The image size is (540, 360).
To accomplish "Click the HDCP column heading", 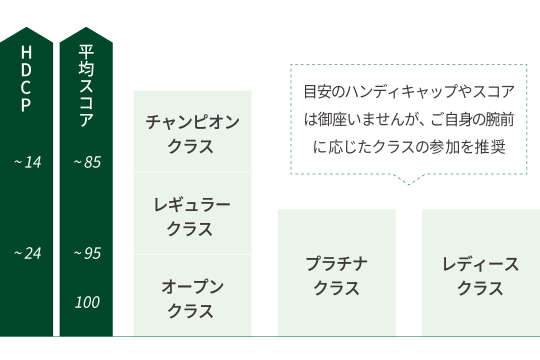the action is click(26, 79).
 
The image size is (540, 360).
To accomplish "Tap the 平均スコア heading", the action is click(86, 85).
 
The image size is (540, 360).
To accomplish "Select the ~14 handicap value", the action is click(27, 162).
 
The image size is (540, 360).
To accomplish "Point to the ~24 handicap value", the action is click(27, 253).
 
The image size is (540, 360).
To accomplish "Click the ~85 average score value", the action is click(87, 162).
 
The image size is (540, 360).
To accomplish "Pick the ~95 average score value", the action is click(87, 253).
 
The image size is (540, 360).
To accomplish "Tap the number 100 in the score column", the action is click(87, 302).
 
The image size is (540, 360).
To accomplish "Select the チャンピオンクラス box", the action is click(192, 131).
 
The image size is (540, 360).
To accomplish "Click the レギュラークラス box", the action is click(192, 213).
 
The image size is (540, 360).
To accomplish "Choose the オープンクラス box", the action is click(192, 295).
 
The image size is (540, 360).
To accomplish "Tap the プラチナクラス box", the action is click(337, 273).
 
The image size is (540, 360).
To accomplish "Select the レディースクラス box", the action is click(481, 273).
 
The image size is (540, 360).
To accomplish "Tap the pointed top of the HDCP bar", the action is click(26, 27).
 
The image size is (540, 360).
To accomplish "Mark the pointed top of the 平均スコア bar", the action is click(86, 27).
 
